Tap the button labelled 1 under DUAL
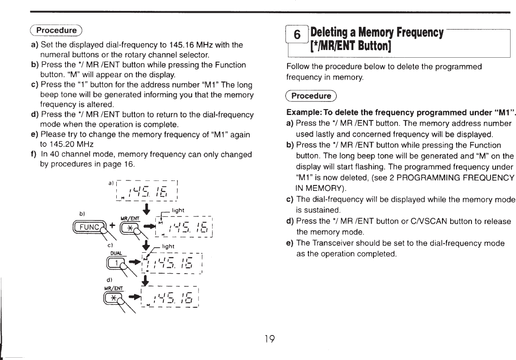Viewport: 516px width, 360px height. [x=116, y=263]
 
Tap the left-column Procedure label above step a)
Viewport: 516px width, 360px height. [x=56, y=30]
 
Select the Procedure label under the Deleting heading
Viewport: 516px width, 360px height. [x=311, y=96]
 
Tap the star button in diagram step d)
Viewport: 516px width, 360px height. [x=112, y=298]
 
